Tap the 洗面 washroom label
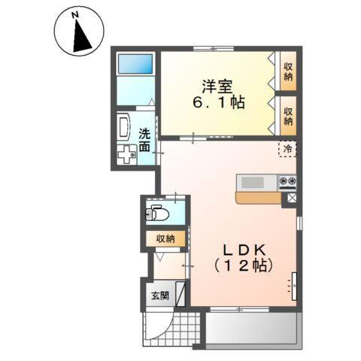[x=144, y=141]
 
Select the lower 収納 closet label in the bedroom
[x=289, y=115]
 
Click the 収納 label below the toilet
[x=165, y=238]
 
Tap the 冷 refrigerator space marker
[x=287, y=149]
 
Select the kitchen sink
[x=254, y=181]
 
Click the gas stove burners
[x=288, y=181]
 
